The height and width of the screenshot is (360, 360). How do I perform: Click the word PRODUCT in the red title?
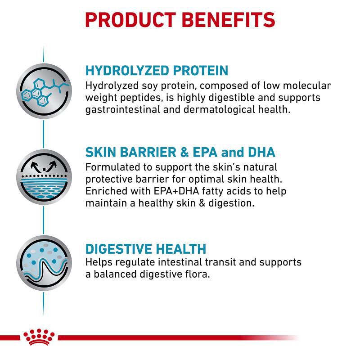coord(130,20)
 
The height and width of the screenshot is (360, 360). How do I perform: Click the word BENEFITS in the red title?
coord(229,20)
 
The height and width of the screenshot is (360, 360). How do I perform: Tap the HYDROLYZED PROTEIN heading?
coord(157,71)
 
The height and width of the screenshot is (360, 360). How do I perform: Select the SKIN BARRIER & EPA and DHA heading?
coord(180,152)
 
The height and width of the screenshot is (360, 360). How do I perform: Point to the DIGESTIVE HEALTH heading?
coord(146,249)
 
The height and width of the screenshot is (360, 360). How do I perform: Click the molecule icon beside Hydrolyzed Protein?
coord(44,91)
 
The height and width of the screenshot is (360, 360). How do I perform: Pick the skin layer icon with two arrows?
coord(44,177)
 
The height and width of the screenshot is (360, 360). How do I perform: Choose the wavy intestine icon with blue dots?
coord(44,263)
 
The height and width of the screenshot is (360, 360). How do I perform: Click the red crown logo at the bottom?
coord(39,337)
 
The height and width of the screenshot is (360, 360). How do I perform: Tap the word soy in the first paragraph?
coord(149,86)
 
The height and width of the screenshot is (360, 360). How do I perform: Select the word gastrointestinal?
coord(122,109)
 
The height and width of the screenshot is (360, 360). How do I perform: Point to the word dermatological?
coord(219,109)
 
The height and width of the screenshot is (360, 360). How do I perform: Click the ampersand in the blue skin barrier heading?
coord(184,153)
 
